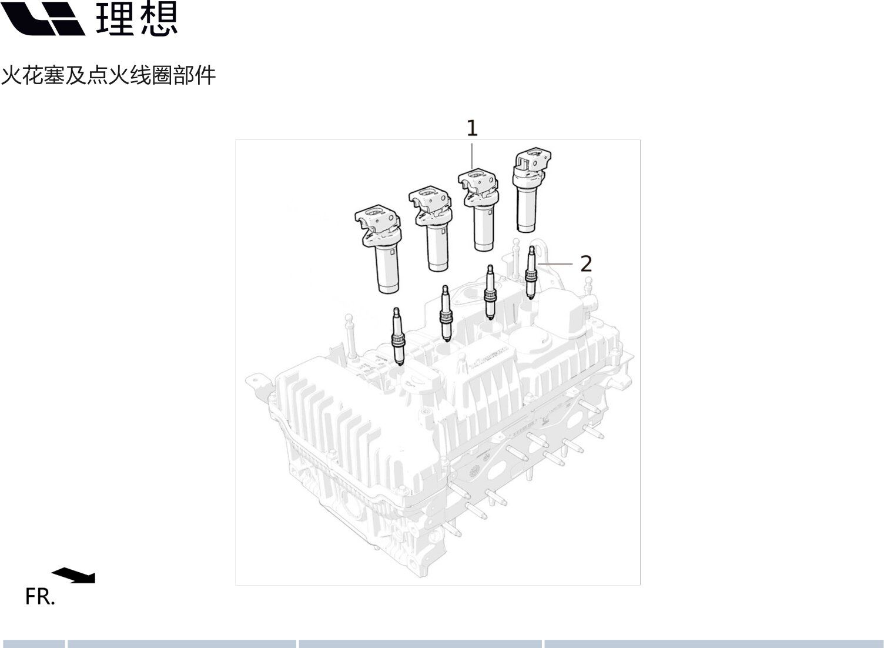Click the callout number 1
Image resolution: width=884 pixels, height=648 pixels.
(472, 128)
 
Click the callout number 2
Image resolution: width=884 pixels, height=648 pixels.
(586, 264)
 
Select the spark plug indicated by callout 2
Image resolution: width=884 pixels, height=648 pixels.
(531, 272)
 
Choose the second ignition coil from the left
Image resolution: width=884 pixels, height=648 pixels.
(430, 229)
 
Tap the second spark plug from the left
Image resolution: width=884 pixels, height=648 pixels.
(446, 313)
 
